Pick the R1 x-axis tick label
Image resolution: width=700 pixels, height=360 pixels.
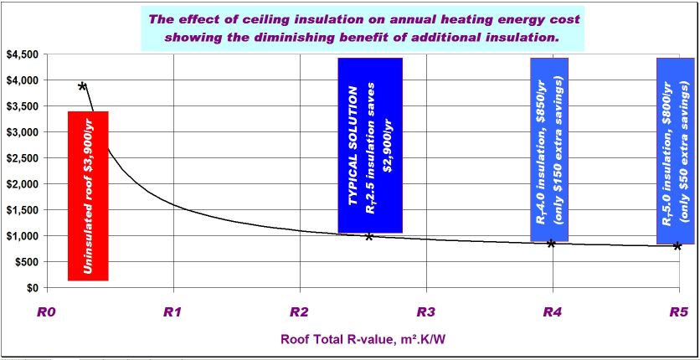point(172,312)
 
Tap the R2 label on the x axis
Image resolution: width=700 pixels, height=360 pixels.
point(299,312)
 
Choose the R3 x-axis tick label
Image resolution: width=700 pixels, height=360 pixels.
point(425,312)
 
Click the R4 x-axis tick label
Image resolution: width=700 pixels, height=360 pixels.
point(552,312)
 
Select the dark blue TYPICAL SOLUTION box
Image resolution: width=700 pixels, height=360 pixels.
point(370,145)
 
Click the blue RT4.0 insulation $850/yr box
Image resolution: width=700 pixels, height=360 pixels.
point(549,149)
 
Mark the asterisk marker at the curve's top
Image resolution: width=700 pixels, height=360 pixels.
point(82,86)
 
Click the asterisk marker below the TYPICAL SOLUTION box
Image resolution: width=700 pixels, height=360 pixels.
point(368,237)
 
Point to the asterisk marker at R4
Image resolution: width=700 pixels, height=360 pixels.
point(551,244)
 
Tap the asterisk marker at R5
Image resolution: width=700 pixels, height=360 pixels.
point(677,246)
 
